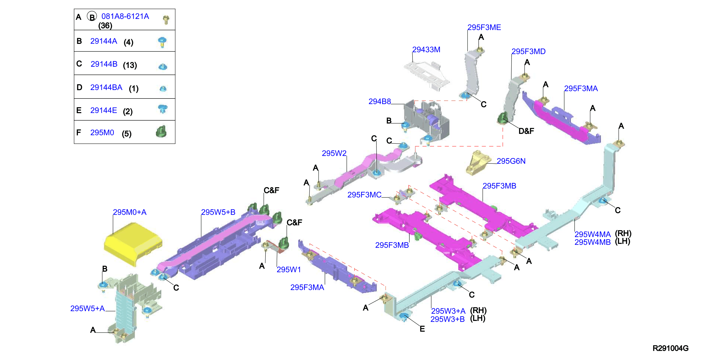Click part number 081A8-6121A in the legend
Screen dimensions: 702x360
tap(125, 16)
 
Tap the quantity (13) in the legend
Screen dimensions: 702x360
tap(130, 65)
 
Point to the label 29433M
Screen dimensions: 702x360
tap(426, 49)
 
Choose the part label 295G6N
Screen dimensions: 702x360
tap(511, 161)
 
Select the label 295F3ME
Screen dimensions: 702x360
tap(484, 27)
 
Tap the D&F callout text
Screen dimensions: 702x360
tap(526, 131)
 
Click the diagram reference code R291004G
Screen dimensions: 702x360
tap(670, 348)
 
